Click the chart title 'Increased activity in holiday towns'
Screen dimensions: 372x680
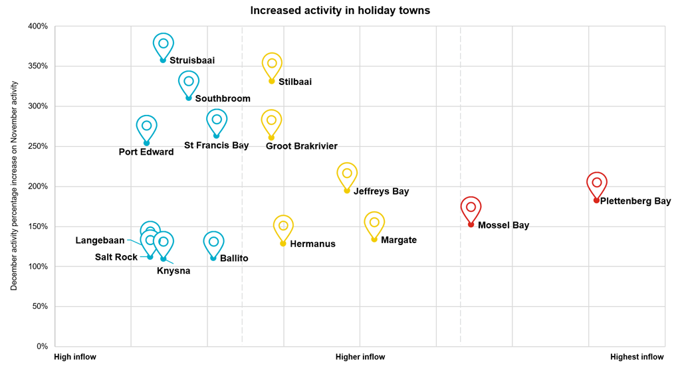click(340, 11)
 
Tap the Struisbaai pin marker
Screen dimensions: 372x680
click(164, 45)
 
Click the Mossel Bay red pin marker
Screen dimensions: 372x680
click(471, 208)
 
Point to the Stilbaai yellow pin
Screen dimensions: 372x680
click(271, 64)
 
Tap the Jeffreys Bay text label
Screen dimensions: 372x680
click(381, 191)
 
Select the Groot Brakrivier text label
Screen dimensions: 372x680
click(302, 146)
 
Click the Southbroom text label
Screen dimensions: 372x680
click(223, 99)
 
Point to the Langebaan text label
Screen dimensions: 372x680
click(100, 240)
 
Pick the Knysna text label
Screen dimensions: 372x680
click(173, 270)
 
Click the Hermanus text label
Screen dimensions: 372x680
click(312, 244)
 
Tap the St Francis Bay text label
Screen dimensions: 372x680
click(216, 145)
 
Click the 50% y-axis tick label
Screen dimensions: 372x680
click(41, 306)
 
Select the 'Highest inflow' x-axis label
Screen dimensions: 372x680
click(637, 357)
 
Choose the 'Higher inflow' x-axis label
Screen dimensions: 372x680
click(360, 357)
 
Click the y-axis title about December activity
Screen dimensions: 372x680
click(13, 186)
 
